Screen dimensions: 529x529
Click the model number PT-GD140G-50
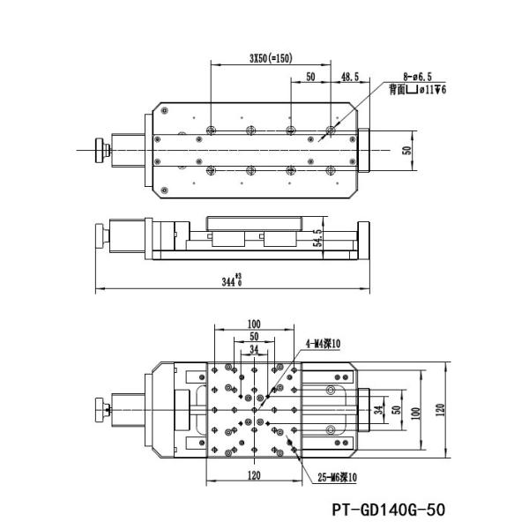(388, 509)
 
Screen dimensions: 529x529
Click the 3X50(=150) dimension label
(271, 58)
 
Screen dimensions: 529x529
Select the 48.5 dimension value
(350, 77)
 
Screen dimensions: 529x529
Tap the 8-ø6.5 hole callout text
(417, 77)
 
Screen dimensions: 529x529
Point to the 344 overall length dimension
(232, 280)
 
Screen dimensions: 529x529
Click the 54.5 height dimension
(317, 238)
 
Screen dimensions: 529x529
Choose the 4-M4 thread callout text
(323, 344)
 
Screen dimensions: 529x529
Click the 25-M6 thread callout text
(337, 477)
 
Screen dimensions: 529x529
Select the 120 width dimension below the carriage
(254, 475)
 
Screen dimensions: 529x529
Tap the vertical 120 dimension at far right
(440, 410)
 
